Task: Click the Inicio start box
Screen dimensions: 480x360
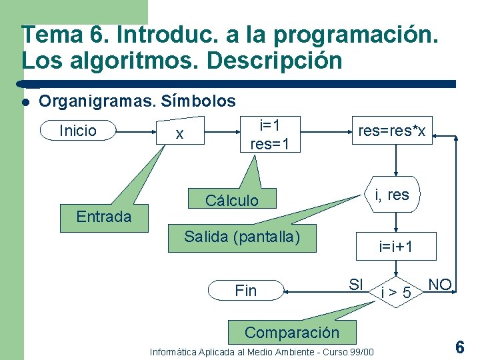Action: (x=78, y=131)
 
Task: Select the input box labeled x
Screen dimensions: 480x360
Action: (x=179, y=133)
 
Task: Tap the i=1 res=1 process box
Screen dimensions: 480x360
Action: (x=269, y=134)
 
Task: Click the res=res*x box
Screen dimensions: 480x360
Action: (x=392, y=131)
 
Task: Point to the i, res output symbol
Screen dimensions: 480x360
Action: (x=392, y=195)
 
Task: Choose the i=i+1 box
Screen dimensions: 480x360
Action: (x=396, y=247)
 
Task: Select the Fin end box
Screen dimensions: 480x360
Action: (x=246, y=291)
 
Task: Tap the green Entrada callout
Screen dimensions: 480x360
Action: (x=103, y=217)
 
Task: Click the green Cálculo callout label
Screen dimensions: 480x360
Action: (x=231, y=201)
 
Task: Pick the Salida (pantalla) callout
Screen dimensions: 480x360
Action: (x=242, y=237)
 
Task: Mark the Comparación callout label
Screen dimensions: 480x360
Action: (x=292, y=332)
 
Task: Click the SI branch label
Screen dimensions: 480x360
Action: (x=357, y=284)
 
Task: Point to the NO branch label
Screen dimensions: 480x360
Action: (x=440, y=285)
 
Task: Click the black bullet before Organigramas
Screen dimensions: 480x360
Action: (x=25, y=102)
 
